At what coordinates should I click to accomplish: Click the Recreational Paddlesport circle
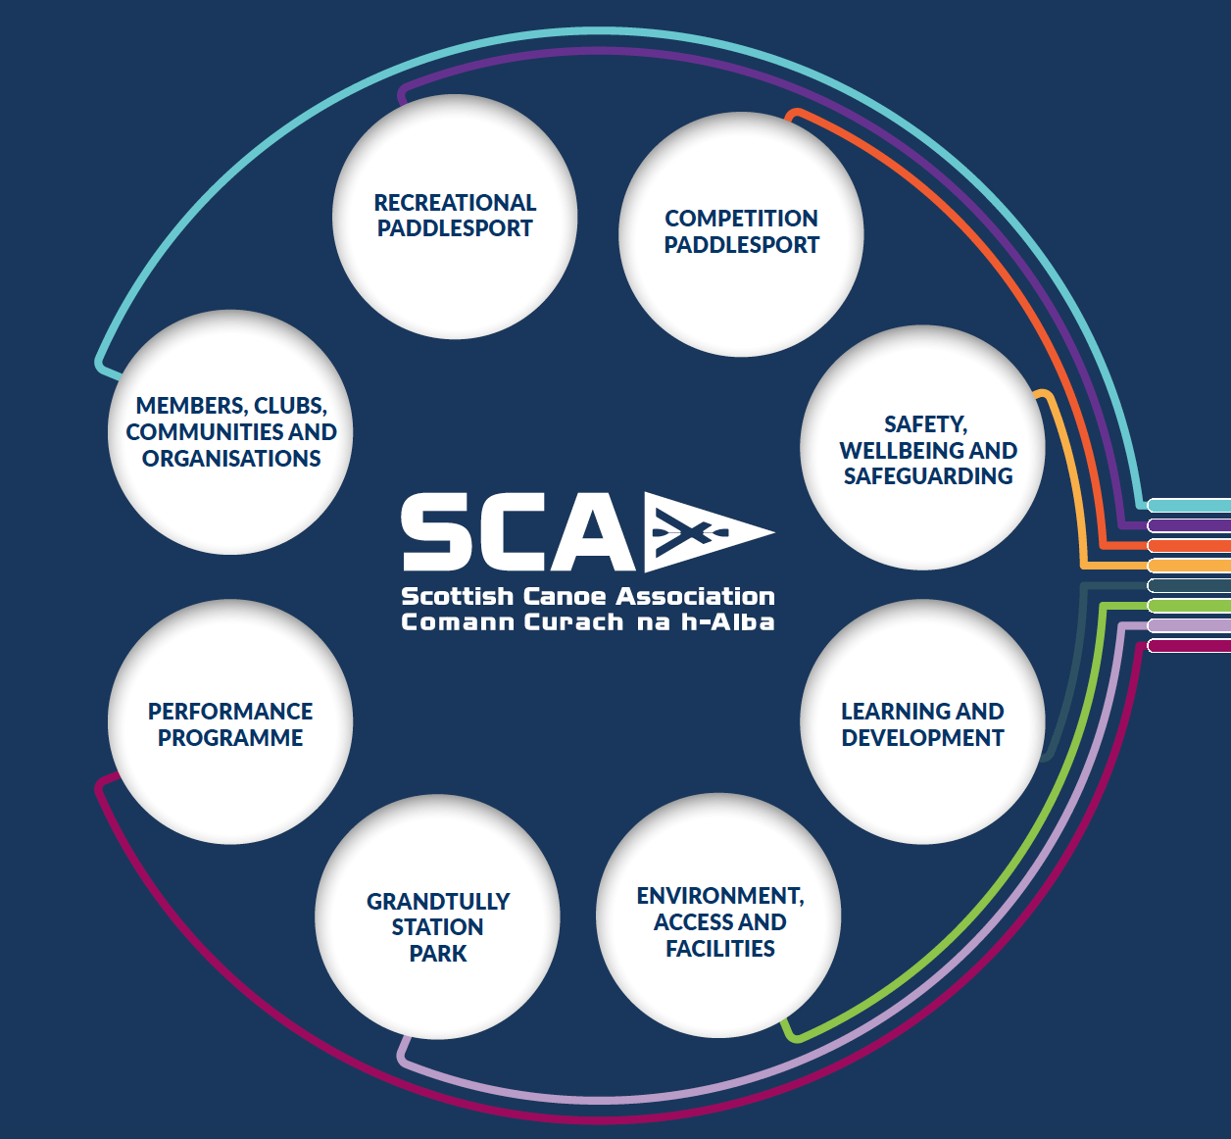455,217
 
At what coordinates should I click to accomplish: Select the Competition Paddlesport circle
741,233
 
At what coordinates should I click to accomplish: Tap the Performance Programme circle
230,721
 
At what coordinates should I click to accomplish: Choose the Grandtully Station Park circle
437,916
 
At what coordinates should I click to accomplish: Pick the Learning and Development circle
922,721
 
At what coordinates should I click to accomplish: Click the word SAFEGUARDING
928,476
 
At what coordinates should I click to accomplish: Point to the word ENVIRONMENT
720,896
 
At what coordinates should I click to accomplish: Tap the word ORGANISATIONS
231,458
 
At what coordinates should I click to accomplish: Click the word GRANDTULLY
437,901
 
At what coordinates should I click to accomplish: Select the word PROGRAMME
230,738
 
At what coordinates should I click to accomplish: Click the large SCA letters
517,532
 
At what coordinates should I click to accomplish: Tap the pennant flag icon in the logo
709,532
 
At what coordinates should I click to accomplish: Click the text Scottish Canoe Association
588,597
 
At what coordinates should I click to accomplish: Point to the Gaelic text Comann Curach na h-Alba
588,621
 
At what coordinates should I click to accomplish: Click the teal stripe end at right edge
1190,506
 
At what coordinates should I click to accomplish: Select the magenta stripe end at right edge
1190,645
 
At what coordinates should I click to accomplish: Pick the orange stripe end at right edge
1190,546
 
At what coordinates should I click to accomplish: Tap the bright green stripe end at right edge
1190,606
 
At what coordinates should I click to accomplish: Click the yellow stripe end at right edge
1190,566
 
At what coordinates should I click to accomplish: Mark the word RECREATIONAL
455,203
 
